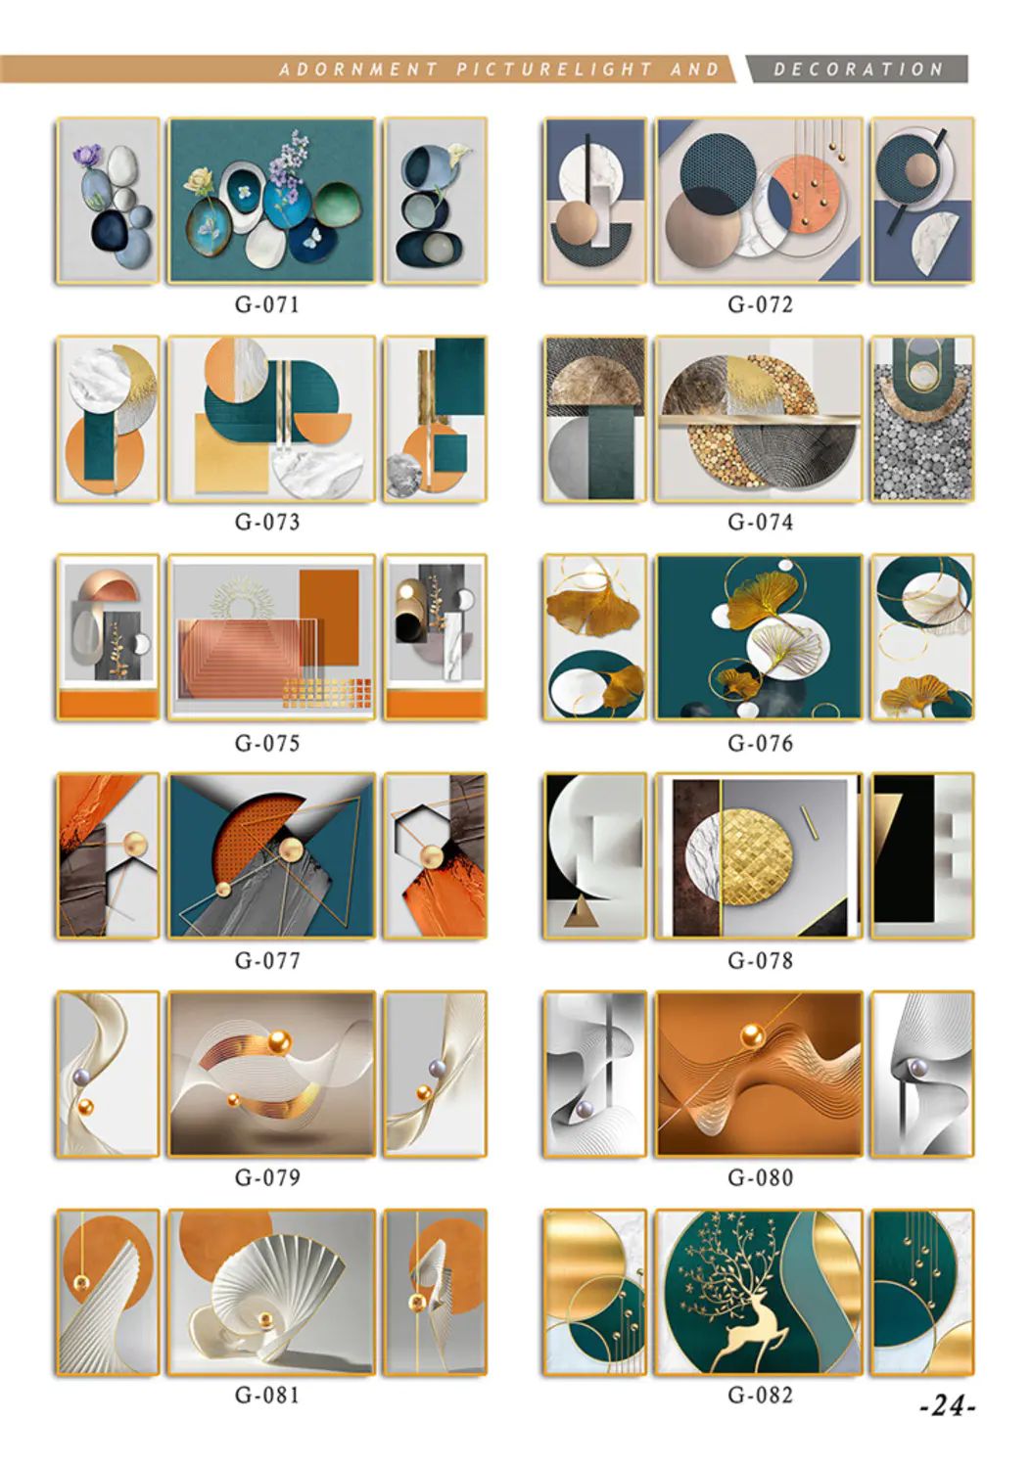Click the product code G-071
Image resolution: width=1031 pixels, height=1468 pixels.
(x=267, y=304)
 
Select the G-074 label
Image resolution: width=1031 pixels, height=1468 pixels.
(x=760, y=523)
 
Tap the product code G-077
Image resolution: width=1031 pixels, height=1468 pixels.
(x=267, y=961)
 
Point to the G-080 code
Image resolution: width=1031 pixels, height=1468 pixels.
(x=761, y=1177)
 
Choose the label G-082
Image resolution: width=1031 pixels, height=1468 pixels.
(x=761, y=1395)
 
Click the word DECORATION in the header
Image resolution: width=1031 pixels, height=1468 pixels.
(x=858, y=69)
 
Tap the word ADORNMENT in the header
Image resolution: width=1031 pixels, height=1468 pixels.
(x=358, y=69)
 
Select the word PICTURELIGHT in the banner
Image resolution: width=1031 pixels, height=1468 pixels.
(x=554, y=69)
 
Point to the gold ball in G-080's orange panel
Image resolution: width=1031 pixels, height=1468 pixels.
(x=753, y=1036)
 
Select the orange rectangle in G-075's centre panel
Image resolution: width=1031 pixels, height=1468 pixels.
(x=329, y=618)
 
